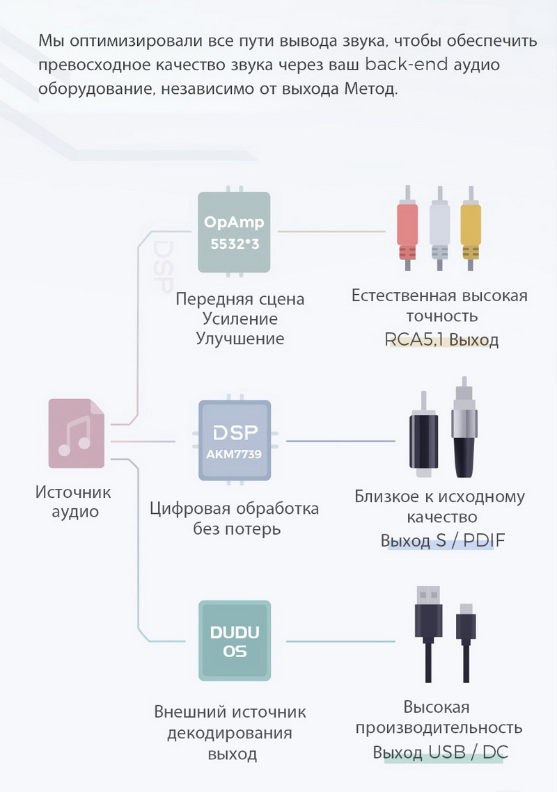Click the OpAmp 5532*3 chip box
click(x=234, y=232)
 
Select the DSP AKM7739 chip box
click(x=234, y=440)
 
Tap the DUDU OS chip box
click(x=234, y=640)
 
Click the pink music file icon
click(x=75, y=433)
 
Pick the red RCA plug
click(x=407, y=223)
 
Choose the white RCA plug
click(x=439, y=223)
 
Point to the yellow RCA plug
click(x=471, y=223)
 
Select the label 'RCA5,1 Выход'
click(x=441, y=340)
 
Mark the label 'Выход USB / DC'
click(x=441, y=752)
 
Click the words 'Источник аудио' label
click(x=73, y=502)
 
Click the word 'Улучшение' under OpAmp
click(x=240, y=339)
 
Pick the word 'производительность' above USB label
click(x=439, y=728)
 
